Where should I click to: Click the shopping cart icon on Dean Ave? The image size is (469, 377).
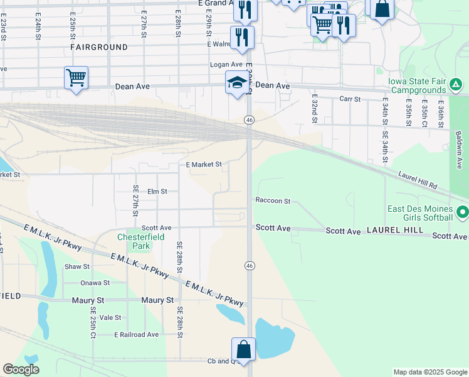point(76,78)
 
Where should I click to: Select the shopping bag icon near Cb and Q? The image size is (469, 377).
point(243,349)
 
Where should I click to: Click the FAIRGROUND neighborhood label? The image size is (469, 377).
point(99,47)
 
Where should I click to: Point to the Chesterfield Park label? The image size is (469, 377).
point(134,242)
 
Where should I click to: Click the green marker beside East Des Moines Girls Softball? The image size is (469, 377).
point(463,213)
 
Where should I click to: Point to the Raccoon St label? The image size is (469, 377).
point(273,201)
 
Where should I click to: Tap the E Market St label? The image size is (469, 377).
point(204,165)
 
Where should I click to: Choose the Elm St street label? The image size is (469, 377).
point(157,191)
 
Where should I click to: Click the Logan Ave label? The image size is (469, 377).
point(226,65)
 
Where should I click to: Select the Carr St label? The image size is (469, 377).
point(349,99)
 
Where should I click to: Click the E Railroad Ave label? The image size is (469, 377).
point(136,335)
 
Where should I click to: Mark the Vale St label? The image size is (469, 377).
point(110,318)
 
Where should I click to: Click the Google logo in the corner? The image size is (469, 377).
point(21,369)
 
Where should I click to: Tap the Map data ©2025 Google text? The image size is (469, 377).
point(429,372)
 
